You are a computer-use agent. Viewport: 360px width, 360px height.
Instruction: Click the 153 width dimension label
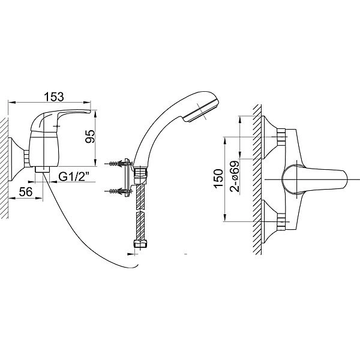coord(54,97)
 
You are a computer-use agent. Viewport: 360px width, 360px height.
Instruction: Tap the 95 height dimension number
coord(90,136)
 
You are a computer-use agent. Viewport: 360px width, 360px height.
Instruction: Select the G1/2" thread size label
coord(74,177)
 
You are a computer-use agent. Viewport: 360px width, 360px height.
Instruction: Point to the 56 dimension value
coord(25,191)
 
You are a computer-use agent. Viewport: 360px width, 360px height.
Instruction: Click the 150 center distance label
coord(218,179)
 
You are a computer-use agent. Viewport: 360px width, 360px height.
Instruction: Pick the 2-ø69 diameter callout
coord(235,176)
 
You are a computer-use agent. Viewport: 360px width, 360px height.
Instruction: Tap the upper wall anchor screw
coord(118,164)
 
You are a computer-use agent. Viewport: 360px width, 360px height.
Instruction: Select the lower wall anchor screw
coord(118,191)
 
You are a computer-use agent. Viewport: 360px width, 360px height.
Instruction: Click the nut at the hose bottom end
coord(139,244)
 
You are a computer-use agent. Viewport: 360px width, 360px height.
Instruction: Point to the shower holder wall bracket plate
coord(127,178)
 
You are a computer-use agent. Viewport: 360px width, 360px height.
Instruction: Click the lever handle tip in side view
coord(89,112)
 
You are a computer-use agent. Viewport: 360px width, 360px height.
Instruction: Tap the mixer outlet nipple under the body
coord(43,170)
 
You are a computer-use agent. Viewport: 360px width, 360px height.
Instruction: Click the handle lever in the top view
coord(314,179)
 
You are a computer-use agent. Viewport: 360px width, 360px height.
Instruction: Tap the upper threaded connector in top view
coord(281,137)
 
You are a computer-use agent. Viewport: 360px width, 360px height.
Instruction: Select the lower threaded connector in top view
coord(281,221)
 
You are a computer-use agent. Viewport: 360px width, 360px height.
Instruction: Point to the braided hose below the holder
coord(139,212)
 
